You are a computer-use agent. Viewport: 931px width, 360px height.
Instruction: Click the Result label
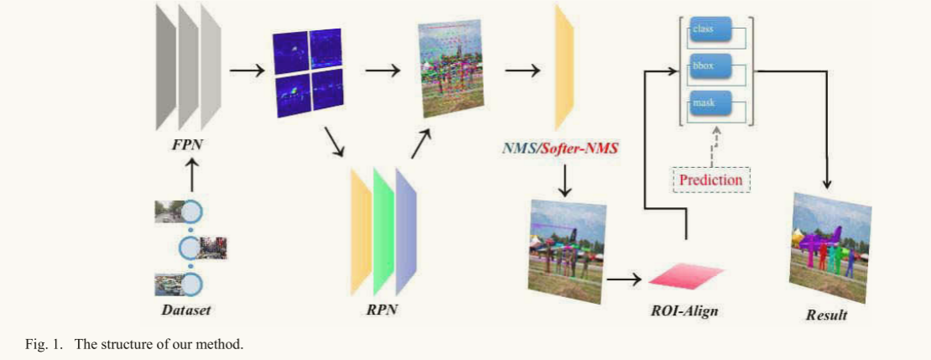(x=826, y=314)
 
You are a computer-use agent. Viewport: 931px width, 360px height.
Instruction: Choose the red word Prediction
(x=710, y=180)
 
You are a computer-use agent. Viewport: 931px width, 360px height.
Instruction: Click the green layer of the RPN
(x=383, y=231)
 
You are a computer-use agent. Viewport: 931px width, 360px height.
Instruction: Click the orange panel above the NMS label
(x=564, y=68)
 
